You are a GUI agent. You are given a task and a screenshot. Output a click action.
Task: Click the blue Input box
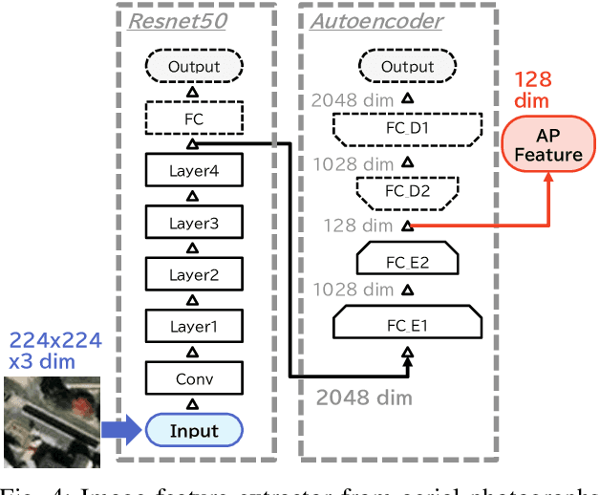(194, 430)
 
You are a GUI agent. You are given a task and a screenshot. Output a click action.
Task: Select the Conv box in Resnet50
(194, 378)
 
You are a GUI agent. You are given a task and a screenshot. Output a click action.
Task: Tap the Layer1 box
(194, 327)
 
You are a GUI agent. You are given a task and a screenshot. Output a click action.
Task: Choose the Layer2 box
(194, 275)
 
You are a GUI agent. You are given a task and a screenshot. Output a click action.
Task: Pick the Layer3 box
(194, 224)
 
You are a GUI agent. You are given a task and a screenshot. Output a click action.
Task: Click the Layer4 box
(194, 172)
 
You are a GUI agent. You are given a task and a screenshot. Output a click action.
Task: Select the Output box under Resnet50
(194, 68)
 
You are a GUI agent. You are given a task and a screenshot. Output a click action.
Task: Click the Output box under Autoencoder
(408, 68)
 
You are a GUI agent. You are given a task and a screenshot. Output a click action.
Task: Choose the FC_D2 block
(408, 190)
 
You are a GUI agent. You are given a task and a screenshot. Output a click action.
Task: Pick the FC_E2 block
(408, 257)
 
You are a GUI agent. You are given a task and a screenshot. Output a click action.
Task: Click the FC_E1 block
(408, 324)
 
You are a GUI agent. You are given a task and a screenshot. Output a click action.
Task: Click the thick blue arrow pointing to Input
(122, 429)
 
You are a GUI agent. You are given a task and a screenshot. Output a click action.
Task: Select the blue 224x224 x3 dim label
(54, 351)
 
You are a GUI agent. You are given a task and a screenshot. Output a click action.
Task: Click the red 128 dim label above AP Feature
(534, 90)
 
